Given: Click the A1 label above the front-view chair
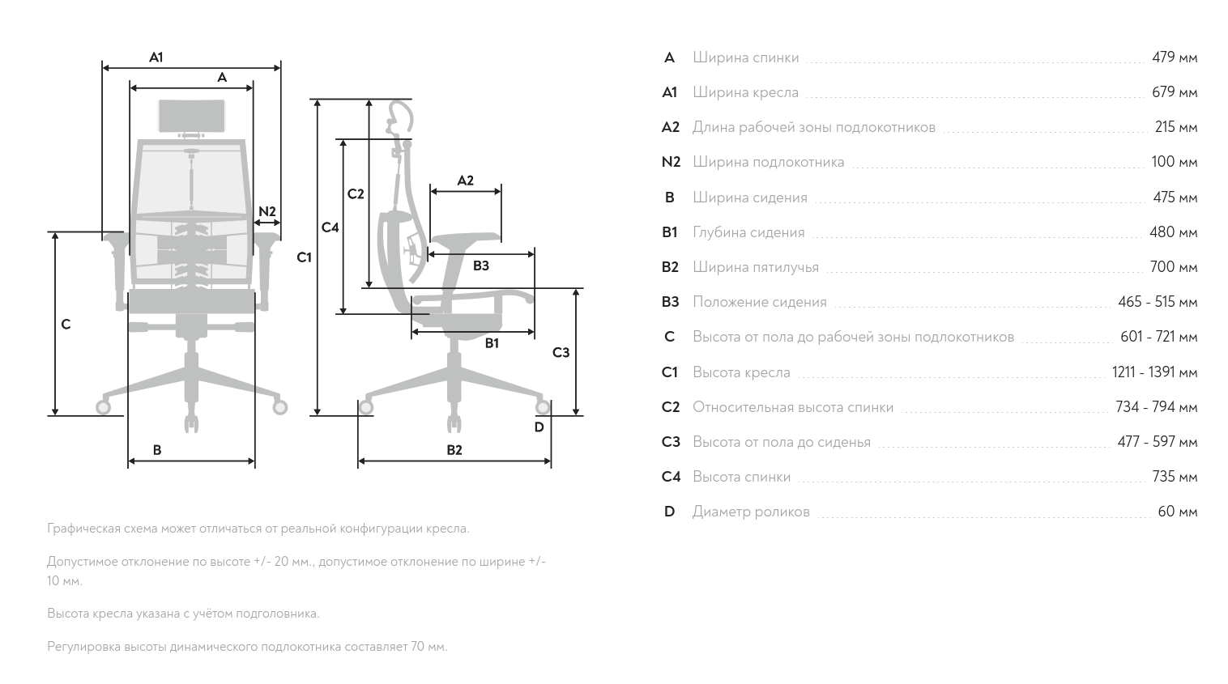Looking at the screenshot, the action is [x=156, y=57].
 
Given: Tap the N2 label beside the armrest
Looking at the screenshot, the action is [x=267, y=211].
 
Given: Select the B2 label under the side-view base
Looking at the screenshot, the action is [x=454, y=450].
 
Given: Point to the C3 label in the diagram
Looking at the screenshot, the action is [x=561, y=353].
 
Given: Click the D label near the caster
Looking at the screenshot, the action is [x=539, y=427].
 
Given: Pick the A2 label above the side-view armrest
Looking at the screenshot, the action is [x=466, y=181].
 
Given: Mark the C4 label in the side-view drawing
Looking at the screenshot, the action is [x=330, y=227].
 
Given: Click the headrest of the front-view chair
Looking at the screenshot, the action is [x=192, y=116].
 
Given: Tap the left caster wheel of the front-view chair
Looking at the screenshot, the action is [x=103, y=407].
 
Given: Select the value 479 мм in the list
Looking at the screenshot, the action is [x=1175, y=57].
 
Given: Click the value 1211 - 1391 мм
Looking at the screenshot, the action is [x=1154, y=372].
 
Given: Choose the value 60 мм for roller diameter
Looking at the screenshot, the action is [x=1178, y=512].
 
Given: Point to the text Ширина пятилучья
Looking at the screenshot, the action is [x=756, y=267].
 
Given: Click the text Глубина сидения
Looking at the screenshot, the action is [x=748, y=233].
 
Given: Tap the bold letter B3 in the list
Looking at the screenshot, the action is [x=671, y=302].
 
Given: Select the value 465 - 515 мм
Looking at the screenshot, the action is [x=1158, y=302].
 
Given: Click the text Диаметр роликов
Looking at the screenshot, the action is [x=751, y=512].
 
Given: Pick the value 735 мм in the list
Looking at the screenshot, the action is [x=1175, y=477].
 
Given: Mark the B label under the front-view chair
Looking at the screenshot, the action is [x=157, y=450].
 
